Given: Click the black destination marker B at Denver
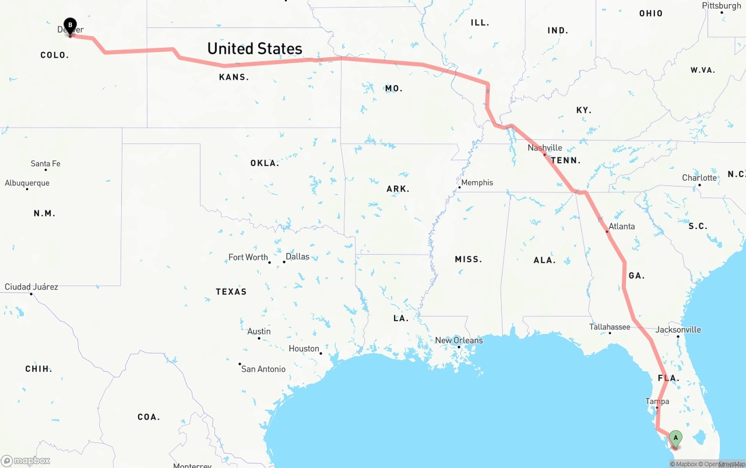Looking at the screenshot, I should (x=70, y=25).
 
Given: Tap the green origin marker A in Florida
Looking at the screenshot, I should (x=675, y=437).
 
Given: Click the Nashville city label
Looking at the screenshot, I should (x=545, y=148).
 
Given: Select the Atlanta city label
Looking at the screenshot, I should (x=621, y=226).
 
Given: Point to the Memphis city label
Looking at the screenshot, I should (x=477, y=182).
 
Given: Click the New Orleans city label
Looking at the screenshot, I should (x=459, y=340).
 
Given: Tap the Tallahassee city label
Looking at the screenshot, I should (x=610, y=327).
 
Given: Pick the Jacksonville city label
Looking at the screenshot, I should (x=678, y=329).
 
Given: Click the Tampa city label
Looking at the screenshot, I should (x=657, y=402).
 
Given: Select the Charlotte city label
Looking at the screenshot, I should (x=699, y=178).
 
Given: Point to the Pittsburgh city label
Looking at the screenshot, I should (x=721, y=6).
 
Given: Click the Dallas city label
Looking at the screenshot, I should (x=297, y=256).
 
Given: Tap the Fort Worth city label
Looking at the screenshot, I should (x=248, y=257).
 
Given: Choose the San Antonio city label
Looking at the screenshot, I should (x=263, y=369).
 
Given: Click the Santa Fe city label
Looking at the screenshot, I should (x=45, y=164).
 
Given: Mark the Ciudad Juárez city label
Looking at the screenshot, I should (x=31, y=287).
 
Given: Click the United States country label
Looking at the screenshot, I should (x=255, y=48).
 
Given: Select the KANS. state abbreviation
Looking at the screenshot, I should (x=234, y=77).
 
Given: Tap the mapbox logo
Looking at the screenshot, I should (x=26, y=460).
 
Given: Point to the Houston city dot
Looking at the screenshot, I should (x=321, y=353).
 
